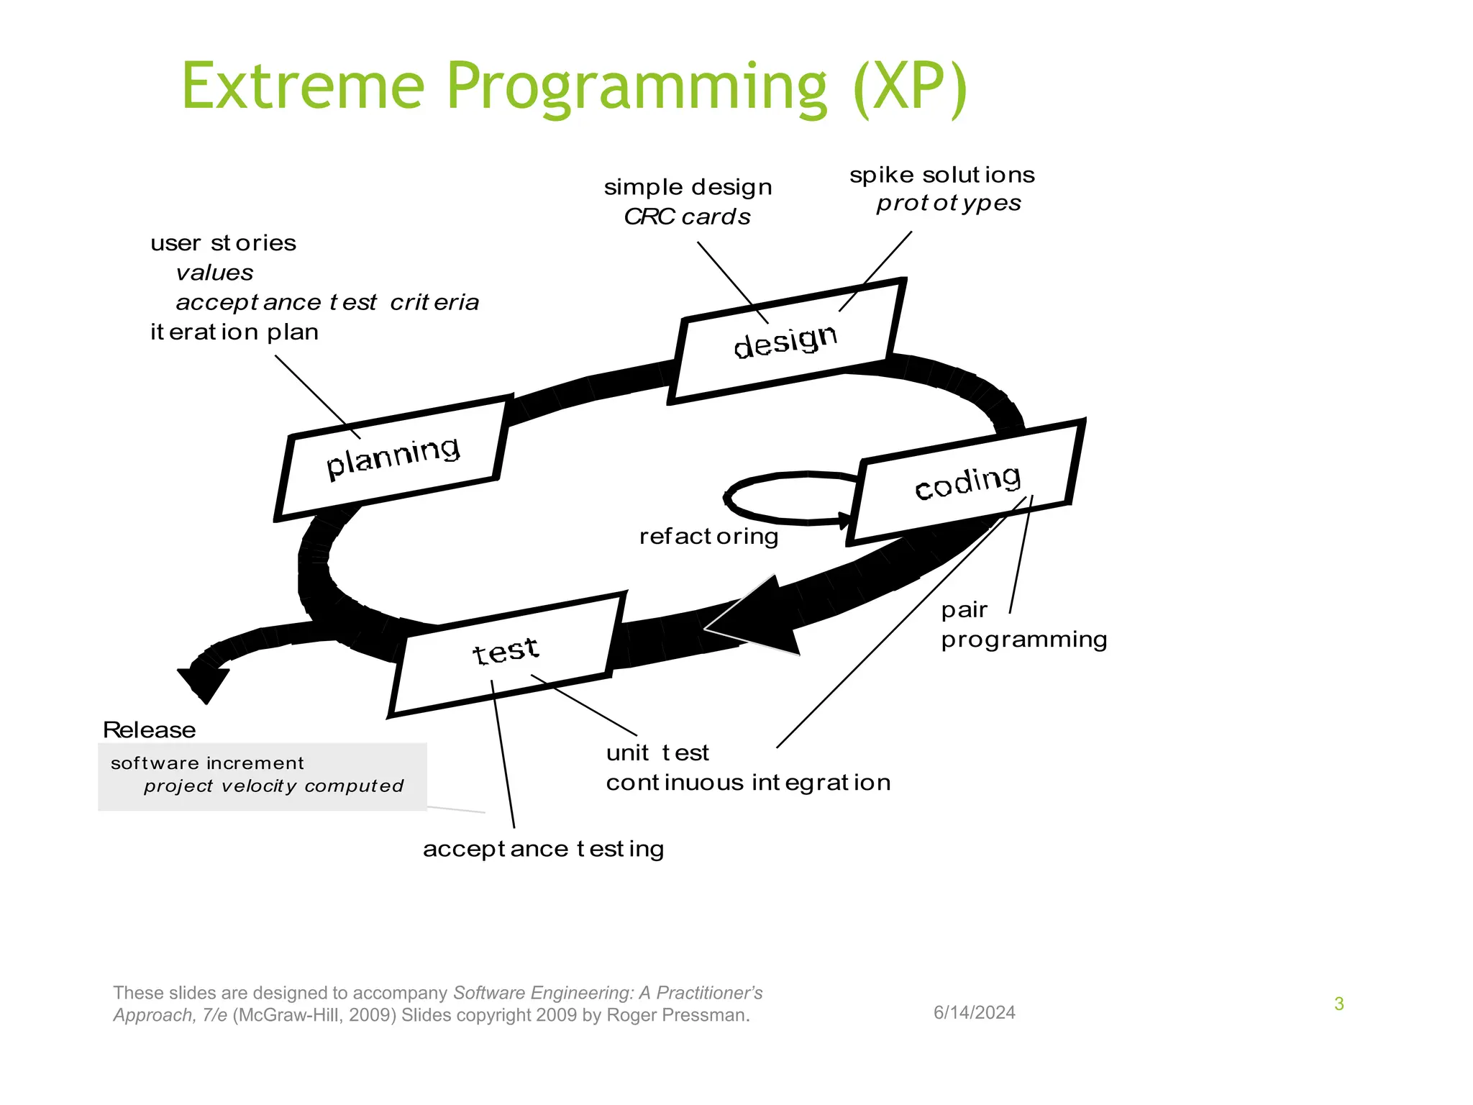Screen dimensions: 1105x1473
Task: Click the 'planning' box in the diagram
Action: [392, 458]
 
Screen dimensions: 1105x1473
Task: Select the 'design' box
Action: [785, 341]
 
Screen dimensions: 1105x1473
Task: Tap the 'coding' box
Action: [967, 482]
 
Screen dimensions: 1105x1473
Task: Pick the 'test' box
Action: [506, 652]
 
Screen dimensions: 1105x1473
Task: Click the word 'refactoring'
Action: [708, 537]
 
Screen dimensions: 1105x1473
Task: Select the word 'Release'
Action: [149, 730]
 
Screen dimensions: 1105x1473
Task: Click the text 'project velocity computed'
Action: [273, 786]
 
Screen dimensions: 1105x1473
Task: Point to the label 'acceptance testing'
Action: [543, 850]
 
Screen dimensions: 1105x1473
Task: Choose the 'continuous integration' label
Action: [748, 783]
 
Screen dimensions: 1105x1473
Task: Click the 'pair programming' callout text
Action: [1023, 625]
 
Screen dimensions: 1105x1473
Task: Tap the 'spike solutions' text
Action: [941, 176]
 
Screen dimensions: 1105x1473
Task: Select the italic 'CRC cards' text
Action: [687, 217]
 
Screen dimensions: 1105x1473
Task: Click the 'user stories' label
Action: [223, 243]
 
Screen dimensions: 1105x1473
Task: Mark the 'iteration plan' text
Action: [234, 332]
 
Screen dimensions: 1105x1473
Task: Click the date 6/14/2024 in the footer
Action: [974, 1013]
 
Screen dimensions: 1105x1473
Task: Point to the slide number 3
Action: [1339, 1004]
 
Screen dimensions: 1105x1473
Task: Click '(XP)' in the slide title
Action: [909, 88]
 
